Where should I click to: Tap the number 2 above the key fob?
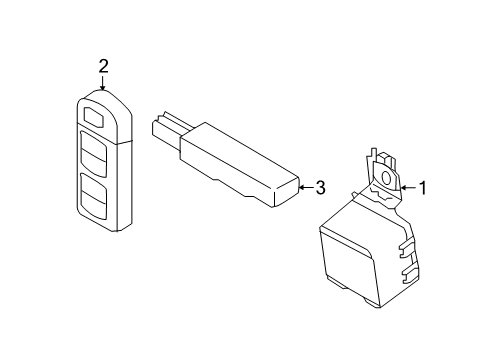point(103,67)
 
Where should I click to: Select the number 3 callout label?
point(320,187)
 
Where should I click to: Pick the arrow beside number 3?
point(304,187)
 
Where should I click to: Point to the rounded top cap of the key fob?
point(101,97)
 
